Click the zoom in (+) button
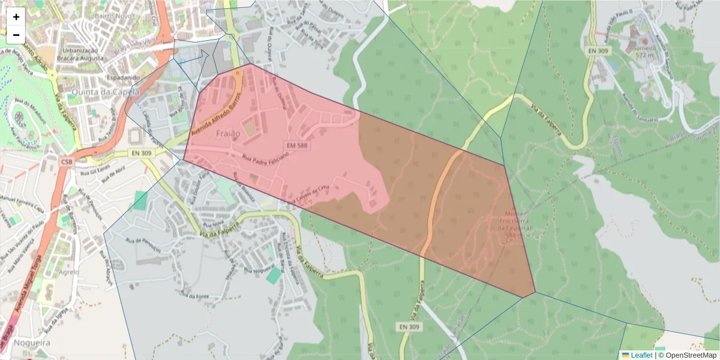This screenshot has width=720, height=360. tap(16, 17)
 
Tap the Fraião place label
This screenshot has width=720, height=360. tap(226, 133)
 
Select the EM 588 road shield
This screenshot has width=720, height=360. tap(297, 146)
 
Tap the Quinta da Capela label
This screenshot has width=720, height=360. tap(105, 92)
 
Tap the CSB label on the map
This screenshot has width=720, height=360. tap(67, 161)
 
